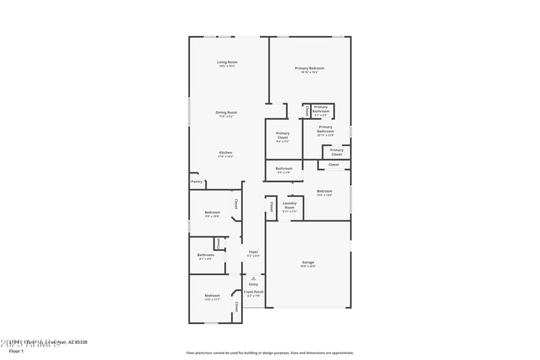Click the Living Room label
227,62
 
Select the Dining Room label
226,112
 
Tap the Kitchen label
225,153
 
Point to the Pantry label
196,182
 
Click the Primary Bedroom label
309,68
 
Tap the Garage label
308,262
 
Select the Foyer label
253,252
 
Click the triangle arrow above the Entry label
253,278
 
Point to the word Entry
253,284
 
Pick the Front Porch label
253,292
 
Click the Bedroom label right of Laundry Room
325,191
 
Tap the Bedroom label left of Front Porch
213,295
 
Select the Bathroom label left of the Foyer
205,255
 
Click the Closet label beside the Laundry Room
271,206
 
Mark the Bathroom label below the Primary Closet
284,168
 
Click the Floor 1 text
16,351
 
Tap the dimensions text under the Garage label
308,266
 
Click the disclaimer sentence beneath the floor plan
269,353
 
